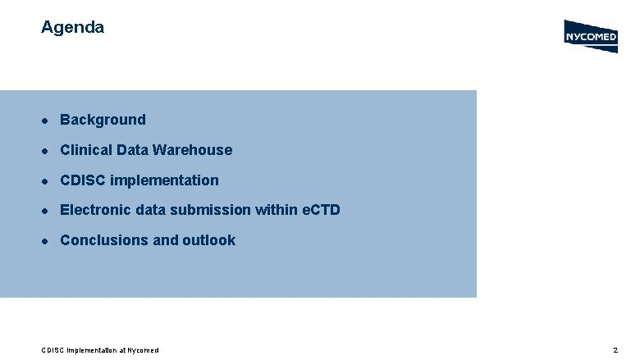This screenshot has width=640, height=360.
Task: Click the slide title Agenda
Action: click(72, 27)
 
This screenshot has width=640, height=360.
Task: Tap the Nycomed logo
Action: click(591, 36)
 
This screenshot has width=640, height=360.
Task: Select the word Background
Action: click(103, 120)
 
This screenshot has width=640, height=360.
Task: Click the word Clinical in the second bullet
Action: click(86, 150)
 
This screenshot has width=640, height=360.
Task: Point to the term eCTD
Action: click(319, 210)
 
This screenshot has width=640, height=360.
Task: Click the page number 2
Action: click(615, 350)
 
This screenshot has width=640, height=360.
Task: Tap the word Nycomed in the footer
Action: click(142, 350)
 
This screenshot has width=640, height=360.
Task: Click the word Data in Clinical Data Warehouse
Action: click(133, 150)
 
